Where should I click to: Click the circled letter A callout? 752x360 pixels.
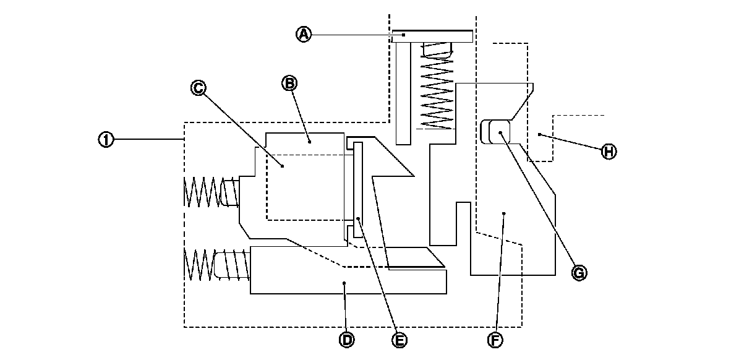pos(303,35)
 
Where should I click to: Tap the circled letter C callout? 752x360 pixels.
pos(198,88)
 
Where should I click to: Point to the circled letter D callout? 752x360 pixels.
pos(347,339)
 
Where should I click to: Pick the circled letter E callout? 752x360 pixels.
pos(400,340)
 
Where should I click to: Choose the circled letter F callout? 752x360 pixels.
pos(495,340)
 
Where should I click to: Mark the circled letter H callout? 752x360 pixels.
pos(609,151)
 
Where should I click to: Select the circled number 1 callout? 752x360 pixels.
pos(106,140)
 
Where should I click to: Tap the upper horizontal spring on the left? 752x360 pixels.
pos(211,192)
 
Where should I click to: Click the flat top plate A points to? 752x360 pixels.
pos(433,36)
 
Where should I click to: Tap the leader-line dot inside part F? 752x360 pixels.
pos(505,213)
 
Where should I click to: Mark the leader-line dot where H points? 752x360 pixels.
pos(539,134)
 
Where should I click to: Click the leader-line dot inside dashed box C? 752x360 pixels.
pos(282,166)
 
